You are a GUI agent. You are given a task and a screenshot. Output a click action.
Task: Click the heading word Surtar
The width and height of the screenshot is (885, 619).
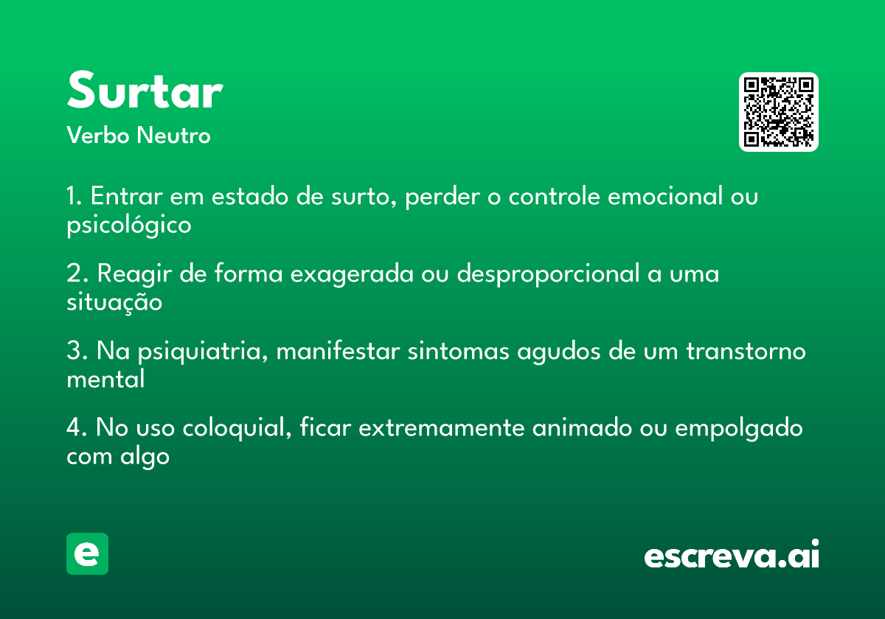[145, 90]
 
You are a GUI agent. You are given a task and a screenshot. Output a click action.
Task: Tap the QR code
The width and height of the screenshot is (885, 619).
[778, 112]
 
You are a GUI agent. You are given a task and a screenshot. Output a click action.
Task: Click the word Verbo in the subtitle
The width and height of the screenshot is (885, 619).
[98, 135]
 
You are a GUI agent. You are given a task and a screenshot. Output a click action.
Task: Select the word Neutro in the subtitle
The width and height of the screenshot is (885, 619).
[173, 135]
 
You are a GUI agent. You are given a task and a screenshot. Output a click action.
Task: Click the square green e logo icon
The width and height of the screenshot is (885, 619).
[87, 553]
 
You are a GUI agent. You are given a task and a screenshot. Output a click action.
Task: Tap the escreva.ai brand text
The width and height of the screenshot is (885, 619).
[732, 554]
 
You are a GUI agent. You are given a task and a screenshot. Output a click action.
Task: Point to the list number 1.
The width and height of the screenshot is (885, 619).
[74, 196]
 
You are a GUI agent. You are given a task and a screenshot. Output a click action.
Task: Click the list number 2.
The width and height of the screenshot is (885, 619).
[77, 273]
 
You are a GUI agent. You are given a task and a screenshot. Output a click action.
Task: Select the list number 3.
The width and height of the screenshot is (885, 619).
[77, 351]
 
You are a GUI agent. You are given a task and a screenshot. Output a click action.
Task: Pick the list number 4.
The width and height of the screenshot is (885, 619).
[77, 427]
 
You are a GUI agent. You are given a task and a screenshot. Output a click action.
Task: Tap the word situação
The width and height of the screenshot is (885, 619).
[114, 302]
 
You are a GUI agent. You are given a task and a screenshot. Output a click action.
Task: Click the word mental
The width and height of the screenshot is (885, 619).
[105, 379]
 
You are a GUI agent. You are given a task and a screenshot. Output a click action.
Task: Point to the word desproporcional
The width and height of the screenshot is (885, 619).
[548, 275]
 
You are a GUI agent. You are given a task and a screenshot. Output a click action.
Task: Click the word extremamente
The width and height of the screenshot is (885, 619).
[441, 428]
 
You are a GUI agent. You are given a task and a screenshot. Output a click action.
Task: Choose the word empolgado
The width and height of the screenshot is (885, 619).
[739, 429]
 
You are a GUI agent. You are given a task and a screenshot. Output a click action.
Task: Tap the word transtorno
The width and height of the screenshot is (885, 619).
[746, 351]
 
